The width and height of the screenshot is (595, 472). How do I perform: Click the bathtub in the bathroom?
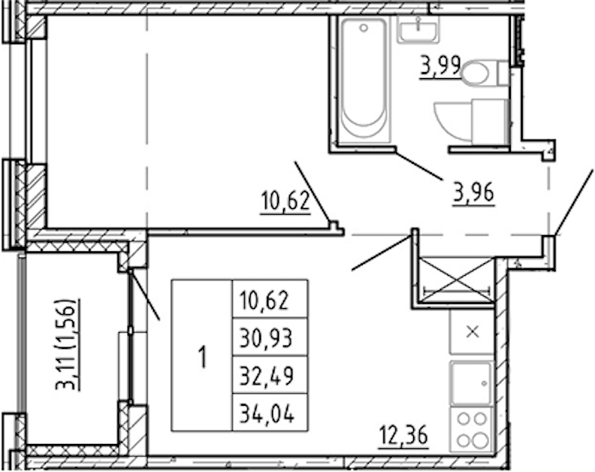click(363, 81)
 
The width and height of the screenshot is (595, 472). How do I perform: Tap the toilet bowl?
click(476, 72)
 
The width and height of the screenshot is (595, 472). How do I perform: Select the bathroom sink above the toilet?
click(418, 28)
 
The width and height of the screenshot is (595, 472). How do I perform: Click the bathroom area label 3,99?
click(440, 67)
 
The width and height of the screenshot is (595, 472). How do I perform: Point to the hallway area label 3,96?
click(474, 194)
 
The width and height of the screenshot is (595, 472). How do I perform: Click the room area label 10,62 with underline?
click(286, 201)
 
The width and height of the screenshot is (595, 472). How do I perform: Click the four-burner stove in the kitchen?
click(472, 430)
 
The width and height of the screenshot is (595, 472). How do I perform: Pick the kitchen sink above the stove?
click(471, 383)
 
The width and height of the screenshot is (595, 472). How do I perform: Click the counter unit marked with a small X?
click(472, 332)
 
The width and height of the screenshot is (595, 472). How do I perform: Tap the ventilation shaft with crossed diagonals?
click(456, 280)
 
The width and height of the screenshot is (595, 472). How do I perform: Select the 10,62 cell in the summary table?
click(269, 300)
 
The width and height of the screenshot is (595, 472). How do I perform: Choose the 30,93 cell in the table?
click(269, 337)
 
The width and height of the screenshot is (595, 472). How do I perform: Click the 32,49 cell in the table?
click(269, 375)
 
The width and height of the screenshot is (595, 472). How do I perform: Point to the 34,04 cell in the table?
click(269, 413)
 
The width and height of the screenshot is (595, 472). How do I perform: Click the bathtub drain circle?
click(364, 28)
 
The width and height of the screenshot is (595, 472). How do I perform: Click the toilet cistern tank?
click(503, 73)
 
